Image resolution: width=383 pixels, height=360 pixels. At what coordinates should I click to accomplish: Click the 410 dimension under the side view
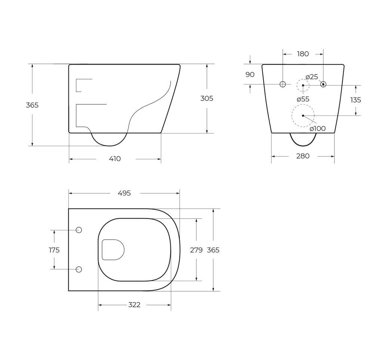click(x=115, y=159)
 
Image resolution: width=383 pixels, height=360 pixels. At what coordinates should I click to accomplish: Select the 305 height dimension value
click(x=207, y=98)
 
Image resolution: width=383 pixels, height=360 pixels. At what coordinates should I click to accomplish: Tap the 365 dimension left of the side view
click(x=32, y=105)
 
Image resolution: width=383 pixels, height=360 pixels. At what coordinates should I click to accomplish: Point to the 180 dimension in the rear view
click(x=303, y=54)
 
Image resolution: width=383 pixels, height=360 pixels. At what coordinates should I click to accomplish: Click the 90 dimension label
click(x=250, y=74)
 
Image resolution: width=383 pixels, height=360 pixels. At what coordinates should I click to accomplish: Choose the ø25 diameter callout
click(x=312, y=77)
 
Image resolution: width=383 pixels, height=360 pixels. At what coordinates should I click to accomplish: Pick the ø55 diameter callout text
click(x=303, y=99)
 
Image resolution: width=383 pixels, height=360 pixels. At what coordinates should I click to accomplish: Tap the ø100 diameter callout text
click(x=318, y=129)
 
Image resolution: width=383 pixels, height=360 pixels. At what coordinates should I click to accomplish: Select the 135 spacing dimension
click(x=356, y=100)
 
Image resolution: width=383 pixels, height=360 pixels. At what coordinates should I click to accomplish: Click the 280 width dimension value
click(x=303, y=156)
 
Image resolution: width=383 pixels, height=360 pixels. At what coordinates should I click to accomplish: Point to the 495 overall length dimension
click(x=124, y=193)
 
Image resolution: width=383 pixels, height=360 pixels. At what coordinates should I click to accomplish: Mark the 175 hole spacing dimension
click(x=54, y=250)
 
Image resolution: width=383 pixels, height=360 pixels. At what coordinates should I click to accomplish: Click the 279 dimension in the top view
click(x=196, y=250)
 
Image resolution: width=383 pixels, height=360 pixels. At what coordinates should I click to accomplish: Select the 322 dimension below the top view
click(x=134, y=305)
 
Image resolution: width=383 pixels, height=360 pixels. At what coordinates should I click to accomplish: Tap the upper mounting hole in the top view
click(x=79, y=230)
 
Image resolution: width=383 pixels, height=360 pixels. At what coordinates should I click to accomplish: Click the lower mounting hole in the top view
click(x=79, y=270)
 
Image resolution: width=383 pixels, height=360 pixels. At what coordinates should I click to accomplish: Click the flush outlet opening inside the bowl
click(x=113, y=249)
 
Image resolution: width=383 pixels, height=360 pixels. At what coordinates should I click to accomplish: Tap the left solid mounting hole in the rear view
click(x=283, y=84)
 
